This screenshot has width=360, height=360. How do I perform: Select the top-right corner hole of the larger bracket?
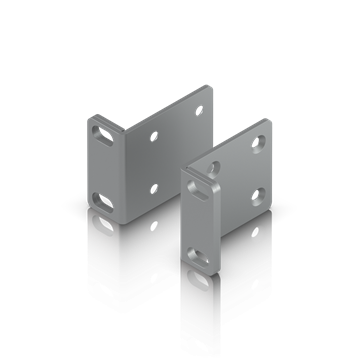(198, 108)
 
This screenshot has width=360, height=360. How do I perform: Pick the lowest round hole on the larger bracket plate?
(153, 187)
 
